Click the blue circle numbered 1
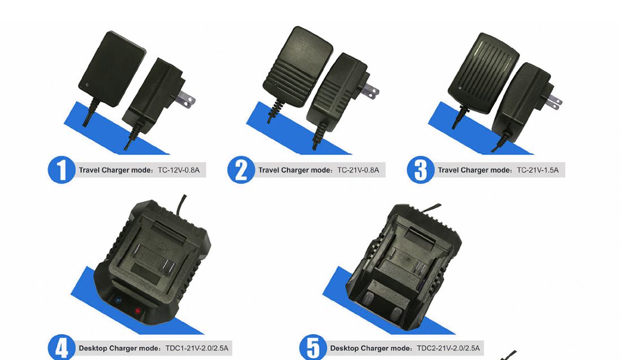pos(62,170)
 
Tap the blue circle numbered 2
pos(241,170)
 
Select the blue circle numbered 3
pos(421,170)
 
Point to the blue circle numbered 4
pos(62,348)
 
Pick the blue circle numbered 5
pos(313,348)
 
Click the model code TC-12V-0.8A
pos(179,170)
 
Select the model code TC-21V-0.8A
pos(358,170)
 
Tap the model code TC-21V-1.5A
pos(538,170)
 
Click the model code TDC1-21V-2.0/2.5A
pos(197,348)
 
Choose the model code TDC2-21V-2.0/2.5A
pos(448,348)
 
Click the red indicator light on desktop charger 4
pos(137,311)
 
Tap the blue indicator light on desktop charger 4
pos(118,301)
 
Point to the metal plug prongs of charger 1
pos(187,101)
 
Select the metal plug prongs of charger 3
pos(554,102)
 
